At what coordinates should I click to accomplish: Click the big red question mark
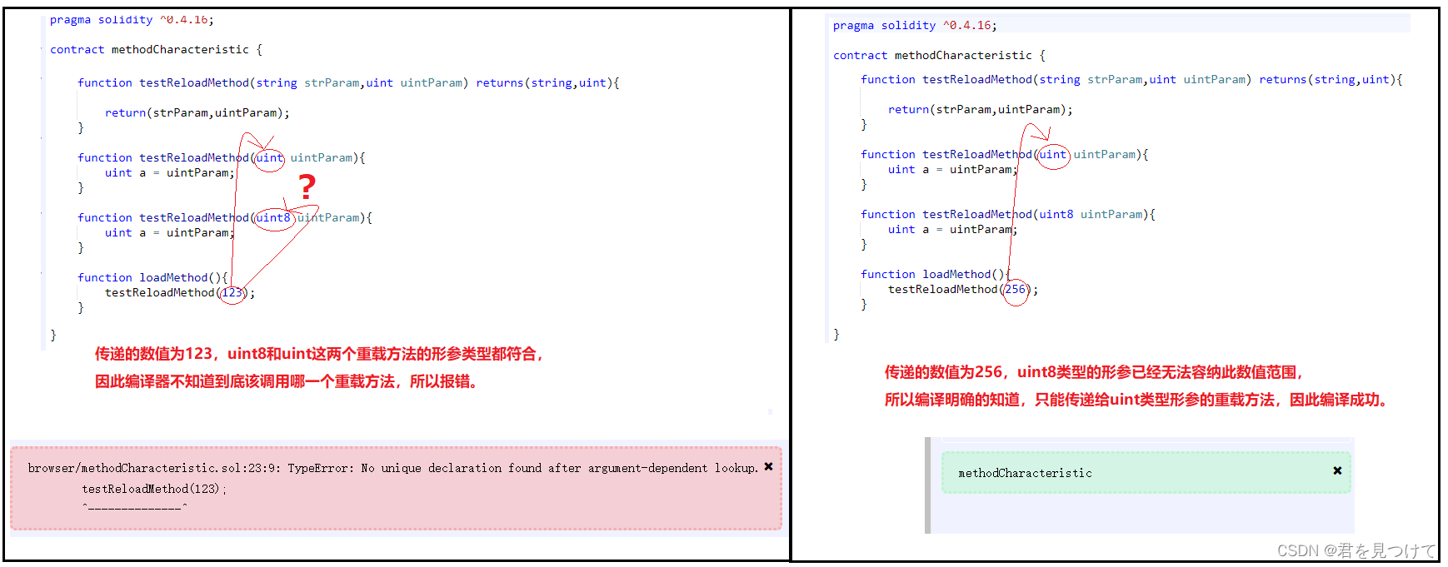click(x=307, y=186)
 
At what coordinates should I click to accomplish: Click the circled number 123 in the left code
click(x=232, y=292)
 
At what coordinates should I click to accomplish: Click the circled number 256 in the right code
click(x=1015, y=290)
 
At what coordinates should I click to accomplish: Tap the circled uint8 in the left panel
click(x=273, y=217)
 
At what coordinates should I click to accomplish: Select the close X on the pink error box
click(x=768, y=467)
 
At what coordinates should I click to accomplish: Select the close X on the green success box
click(x=1337, y=470)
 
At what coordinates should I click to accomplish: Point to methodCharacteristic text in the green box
click(x=1025, y=473)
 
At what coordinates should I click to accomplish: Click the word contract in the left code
click(x=77, y=50)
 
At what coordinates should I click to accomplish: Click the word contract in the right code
click(x=860, y=56)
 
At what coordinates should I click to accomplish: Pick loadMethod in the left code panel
click(x=173, y=277)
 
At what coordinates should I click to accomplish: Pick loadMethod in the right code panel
click(x=956, y=274)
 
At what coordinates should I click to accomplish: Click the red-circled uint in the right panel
click(x=1053, y=154)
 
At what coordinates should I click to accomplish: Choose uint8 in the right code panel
click(x=1056, y=214)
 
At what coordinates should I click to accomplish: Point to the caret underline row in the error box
click(x=134, y=506)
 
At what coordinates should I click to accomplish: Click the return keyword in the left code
click(x=125, y=112)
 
